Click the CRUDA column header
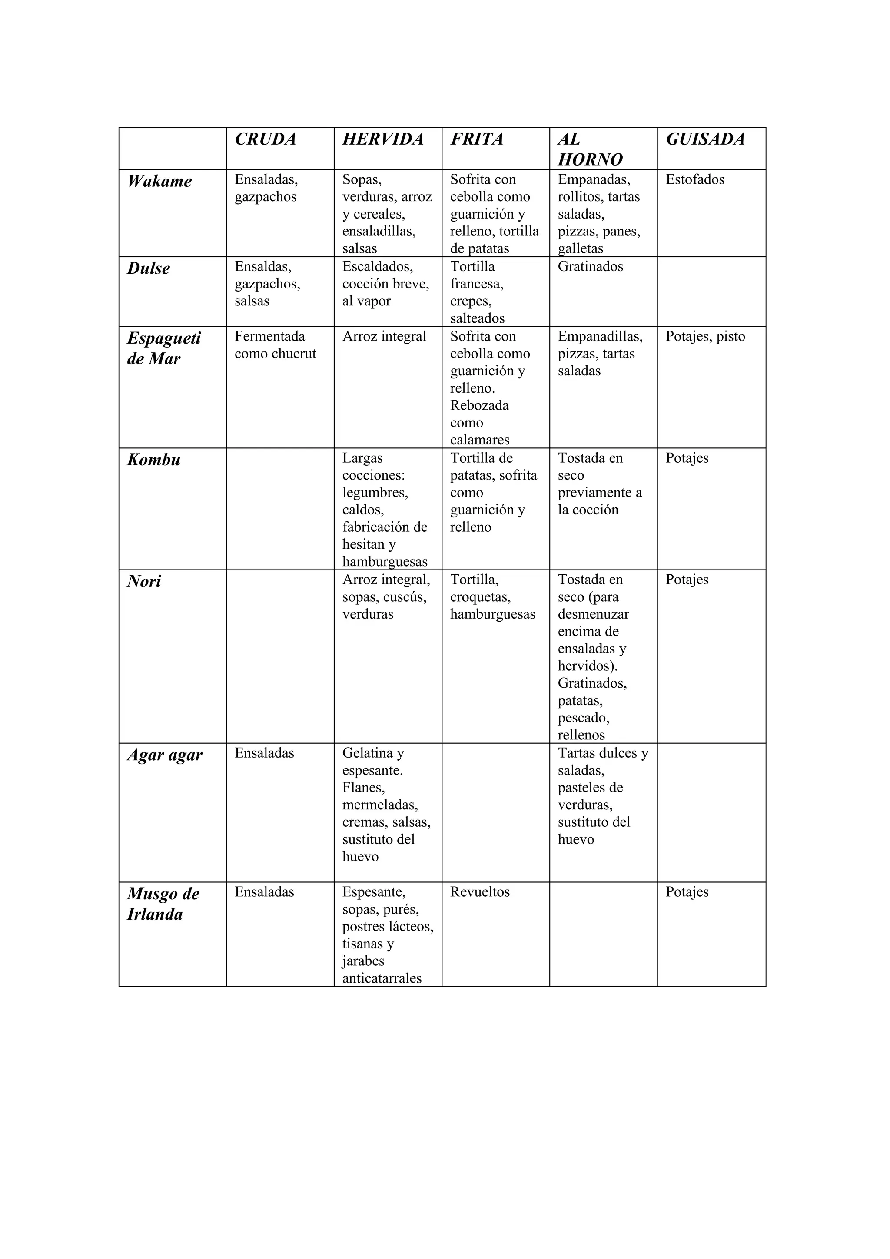[266, 139]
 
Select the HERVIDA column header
[383, 139]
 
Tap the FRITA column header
[477, 139]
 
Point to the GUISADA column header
[705, 139]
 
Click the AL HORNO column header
[590, 149]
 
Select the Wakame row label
[159, 181]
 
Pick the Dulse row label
[149, 268]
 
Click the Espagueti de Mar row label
[164, 348]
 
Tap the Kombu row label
[153, 460]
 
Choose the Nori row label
[144, 581]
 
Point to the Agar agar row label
[165, 755]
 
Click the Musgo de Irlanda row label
[163, 904]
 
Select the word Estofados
[695, 179]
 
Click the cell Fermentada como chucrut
[275, 345]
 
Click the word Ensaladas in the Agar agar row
[264, 753]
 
